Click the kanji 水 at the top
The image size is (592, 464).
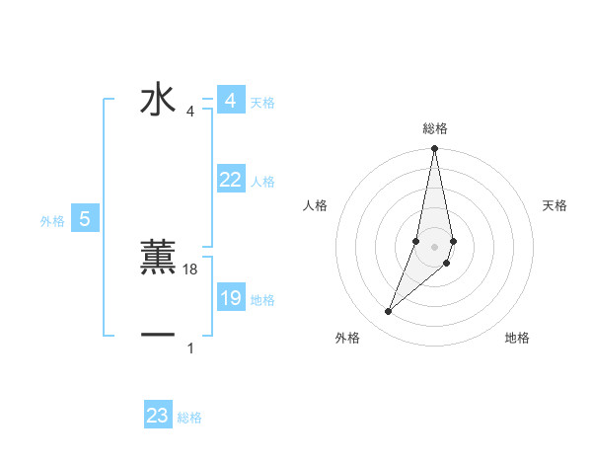(158, 101)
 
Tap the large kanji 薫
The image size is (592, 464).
(158, 258)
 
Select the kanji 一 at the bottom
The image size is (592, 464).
(158, 336)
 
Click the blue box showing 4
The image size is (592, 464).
(230, 101)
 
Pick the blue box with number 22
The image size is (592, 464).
(230, 180)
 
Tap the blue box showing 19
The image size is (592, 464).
(230, 298)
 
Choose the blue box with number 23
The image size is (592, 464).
(158, 416)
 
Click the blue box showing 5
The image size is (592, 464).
(85, 219)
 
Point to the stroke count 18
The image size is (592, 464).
(191, 270)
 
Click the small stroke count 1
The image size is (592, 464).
(190, 348)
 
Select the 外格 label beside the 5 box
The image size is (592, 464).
(52, 221)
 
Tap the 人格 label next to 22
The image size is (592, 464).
(262, 182)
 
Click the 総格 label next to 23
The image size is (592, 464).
(189, 418)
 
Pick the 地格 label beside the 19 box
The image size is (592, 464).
(262, 300)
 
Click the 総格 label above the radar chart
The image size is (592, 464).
(434, 128)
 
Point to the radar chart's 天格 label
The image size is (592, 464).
(555, 205)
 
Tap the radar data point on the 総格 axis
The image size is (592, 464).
(434, 149)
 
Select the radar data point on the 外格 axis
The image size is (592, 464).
(388, 312)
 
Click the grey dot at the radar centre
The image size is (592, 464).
(434, 246)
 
